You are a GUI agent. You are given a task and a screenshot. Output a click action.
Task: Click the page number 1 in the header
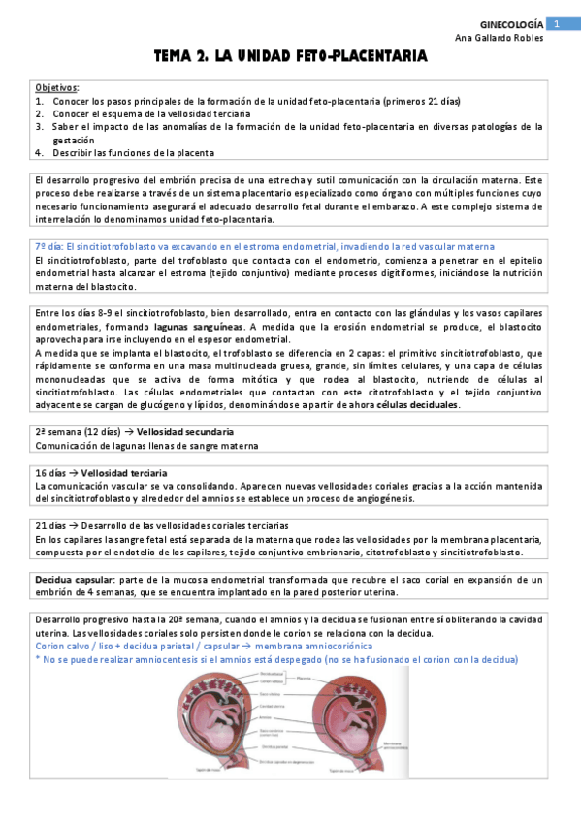[558, 23]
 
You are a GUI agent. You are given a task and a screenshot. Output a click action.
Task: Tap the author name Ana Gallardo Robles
[500, 38]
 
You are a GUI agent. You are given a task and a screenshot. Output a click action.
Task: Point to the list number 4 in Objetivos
[39, 152]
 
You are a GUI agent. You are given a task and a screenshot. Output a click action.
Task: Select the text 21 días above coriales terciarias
[52, 525]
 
